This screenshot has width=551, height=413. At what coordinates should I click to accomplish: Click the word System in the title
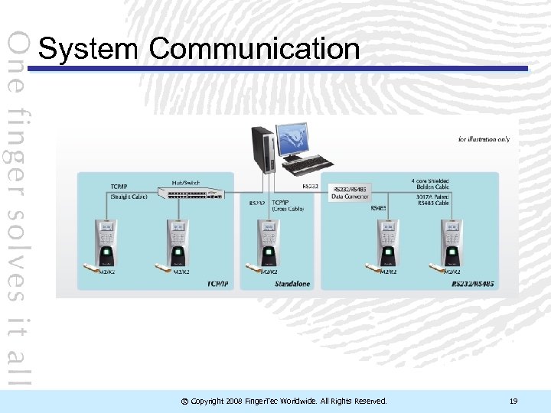coord(89,49)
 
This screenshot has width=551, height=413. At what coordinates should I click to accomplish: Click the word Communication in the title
coord(255,49)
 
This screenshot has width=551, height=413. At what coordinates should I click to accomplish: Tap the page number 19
coord(514,401)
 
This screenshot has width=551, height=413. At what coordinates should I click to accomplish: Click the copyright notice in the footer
coord(283,401)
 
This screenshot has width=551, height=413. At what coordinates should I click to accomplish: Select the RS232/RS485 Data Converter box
coord(348,192)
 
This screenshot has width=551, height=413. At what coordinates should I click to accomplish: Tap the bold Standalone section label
coord(293,285)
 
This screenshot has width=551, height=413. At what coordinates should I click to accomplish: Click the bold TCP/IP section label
coord(218,285)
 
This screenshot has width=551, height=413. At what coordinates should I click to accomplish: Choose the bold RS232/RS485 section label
coord(474,285)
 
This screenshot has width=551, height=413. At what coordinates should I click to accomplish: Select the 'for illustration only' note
coord(484,139)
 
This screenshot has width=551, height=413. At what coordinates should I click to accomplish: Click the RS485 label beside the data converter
coord(378,208)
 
